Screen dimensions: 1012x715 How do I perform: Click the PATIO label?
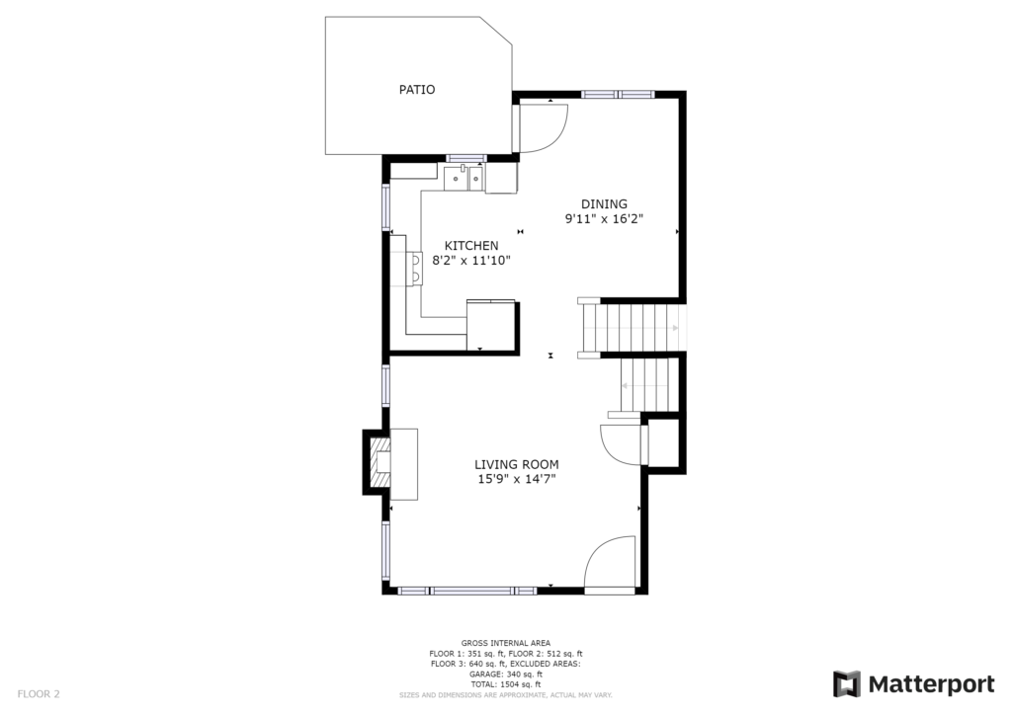417,90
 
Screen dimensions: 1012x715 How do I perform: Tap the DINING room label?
604,203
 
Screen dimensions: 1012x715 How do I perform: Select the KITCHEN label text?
471,246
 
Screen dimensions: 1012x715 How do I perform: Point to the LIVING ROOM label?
516,464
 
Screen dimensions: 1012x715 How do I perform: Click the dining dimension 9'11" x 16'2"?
604,219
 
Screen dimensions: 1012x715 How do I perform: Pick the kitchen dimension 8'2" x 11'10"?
471,261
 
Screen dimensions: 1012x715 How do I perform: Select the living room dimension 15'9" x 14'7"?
516,479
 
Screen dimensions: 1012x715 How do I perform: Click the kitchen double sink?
464,178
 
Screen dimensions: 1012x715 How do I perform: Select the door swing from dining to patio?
543,127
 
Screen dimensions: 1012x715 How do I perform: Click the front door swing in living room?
609,563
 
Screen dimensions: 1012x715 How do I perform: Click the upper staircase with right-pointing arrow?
632,328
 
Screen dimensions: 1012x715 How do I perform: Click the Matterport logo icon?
846,684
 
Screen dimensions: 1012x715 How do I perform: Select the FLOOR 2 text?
39,694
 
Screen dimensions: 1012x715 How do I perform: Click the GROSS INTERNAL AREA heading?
506,643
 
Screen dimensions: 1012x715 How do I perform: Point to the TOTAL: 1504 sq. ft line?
506,684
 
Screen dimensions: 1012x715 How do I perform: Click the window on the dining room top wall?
618,95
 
